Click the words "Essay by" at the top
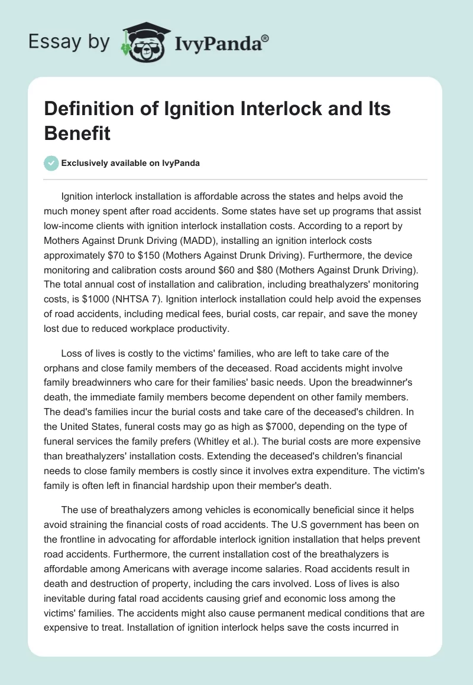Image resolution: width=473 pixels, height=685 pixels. tap(68, 42)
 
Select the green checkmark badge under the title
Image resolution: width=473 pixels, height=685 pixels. tap(51, 164)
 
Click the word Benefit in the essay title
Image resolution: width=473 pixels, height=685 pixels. tap(77, 133)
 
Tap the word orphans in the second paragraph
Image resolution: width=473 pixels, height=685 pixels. tap(62, 368)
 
